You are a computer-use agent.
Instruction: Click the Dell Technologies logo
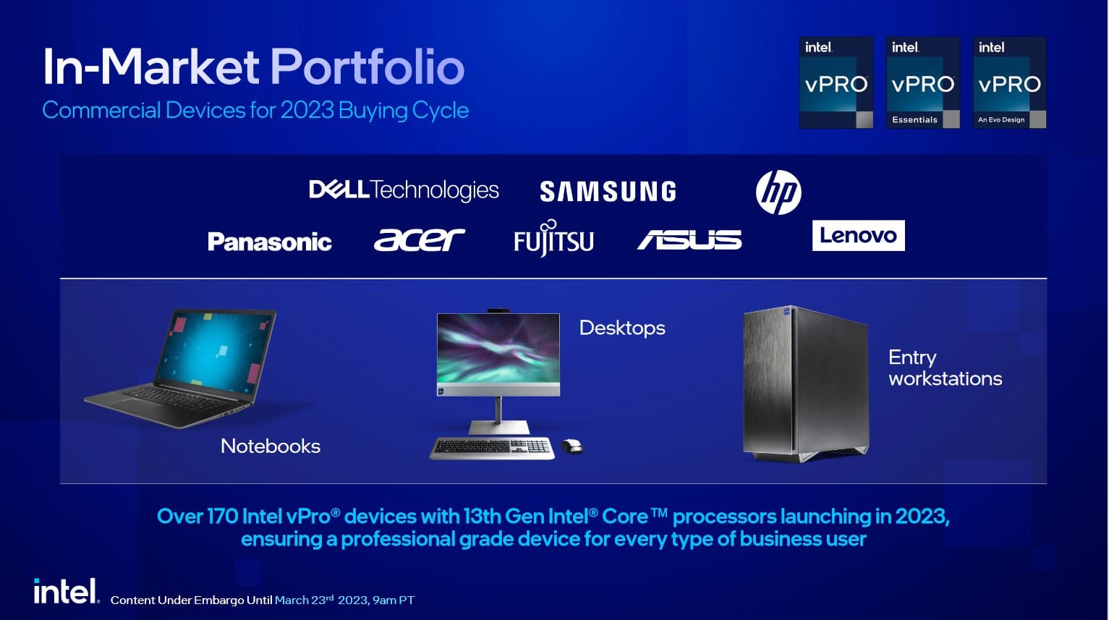point(404,190)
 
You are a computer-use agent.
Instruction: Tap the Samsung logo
point(608,192)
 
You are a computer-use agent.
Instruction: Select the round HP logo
point(778,192)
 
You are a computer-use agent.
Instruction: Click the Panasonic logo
point(269,242)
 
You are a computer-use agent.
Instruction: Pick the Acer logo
point(419,239)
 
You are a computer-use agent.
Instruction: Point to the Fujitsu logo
point(553,239)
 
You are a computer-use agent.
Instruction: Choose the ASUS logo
point(689,239)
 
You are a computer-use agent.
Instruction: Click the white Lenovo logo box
point(859,236)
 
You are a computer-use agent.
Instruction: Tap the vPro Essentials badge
point(923,82)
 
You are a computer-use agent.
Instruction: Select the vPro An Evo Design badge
point(1009,82)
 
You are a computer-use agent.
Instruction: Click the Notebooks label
point(271,446)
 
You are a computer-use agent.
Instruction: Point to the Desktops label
point(622,328)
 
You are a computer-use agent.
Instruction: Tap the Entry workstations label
point(945,368)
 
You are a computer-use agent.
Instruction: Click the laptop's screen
point(216,348)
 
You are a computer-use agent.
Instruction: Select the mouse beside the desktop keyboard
point(572,446)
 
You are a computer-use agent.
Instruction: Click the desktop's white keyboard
point(492,448)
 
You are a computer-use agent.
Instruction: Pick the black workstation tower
point(805,383)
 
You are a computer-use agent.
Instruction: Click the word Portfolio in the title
point(367,67)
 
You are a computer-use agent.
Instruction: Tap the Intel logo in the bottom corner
point(67,591)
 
